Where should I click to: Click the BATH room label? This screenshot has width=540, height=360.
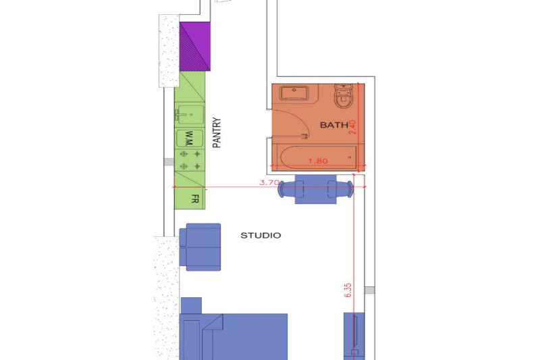pos(334,125)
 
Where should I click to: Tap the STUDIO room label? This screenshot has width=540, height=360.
pos(261,235)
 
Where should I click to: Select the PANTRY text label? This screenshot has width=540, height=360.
pos(217,132)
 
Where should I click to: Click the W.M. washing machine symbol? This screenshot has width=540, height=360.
pos(190,138)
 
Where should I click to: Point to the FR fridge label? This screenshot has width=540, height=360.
pos(195,199)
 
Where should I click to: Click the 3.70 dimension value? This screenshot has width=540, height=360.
pos(269,182)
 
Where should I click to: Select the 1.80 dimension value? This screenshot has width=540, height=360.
pos(318,161)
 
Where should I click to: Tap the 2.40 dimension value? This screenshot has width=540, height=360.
pos(352,127)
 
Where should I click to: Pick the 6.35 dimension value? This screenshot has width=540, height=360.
pos(348,290)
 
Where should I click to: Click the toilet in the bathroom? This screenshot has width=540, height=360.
pos(343,96)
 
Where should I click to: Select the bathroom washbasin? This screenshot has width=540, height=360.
pos(294,93)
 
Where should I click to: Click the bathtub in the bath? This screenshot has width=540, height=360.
pos(317,157)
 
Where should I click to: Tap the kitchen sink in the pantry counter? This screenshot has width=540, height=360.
pos(190,114)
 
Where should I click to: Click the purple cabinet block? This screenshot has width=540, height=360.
pos(195,47)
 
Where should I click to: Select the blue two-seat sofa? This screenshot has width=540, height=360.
pos(200,247)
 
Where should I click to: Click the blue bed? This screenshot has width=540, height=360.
pos(234,336)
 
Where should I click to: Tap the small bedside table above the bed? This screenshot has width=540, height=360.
pos(191,305)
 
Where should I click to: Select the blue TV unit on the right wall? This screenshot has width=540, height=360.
pos(354,336)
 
